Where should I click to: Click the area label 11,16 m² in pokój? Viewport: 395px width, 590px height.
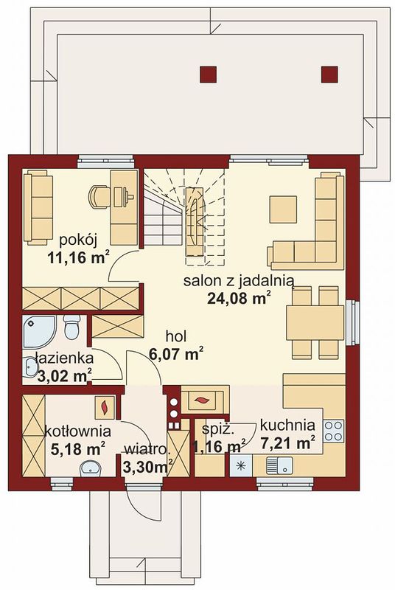(79, 257)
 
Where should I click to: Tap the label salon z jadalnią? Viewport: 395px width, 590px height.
(238, 281)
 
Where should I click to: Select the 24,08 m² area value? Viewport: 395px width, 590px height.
(239, 298)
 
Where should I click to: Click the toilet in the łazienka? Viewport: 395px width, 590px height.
(71, 326)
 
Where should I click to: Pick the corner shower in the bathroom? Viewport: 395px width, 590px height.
(39, 331)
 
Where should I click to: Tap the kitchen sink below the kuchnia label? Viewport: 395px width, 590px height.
(279, 465)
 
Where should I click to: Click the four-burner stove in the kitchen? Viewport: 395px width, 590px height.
(334, 431)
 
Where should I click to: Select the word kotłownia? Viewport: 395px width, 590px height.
(77, 431)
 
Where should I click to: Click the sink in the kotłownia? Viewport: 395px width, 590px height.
(90, 468)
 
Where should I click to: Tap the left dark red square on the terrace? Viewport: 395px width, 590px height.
(209, 74)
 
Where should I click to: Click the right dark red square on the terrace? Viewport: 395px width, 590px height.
(329, 74)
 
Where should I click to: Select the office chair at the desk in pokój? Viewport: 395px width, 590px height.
(99, 195)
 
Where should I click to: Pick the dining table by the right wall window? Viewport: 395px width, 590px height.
(315, 322)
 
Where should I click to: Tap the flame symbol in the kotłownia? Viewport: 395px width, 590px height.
(105, 406)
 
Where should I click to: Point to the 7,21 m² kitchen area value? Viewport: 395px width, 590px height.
(288, 443)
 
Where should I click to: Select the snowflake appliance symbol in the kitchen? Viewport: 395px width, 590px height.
(240, 465)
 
